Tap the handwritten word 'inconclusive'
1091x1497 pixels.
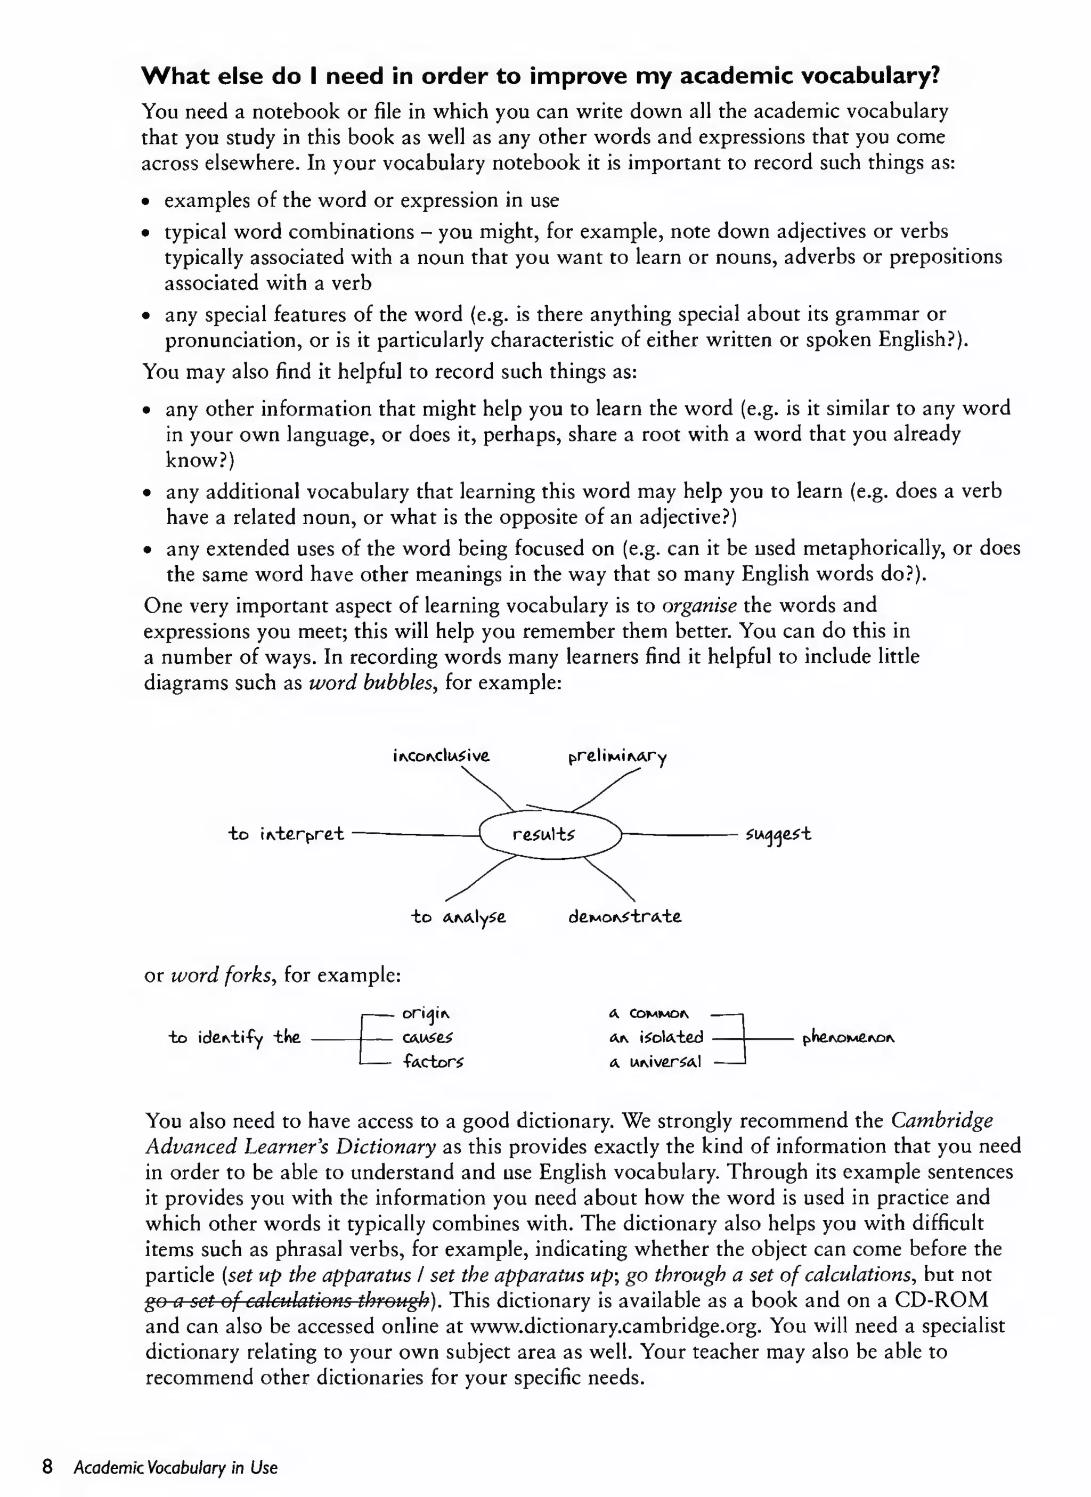pos(441,755)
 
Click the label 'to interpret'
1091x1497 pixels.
pos(286,834)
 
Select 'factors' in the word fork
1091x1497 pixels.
pos(433,1062)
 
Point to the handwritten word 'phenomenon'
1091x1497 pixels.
pos(848,1039)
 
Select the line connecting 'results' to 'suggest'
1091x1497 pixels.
pos(680,835)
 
